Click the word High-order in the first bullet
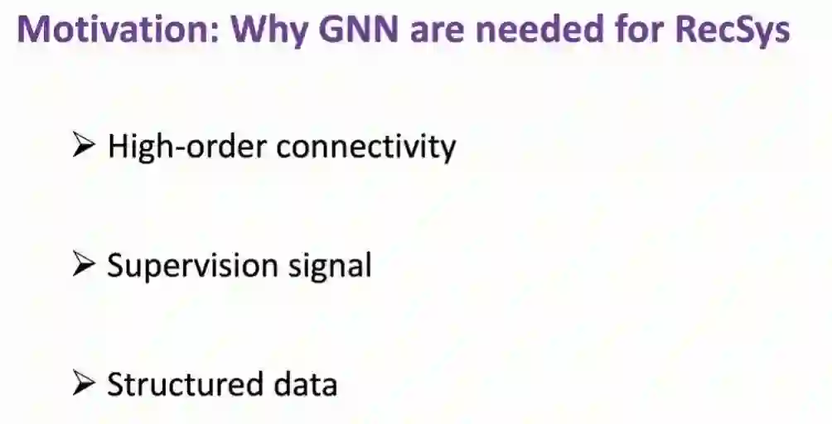[x=188, y=147]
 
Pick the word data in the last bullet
[x=304, y=385]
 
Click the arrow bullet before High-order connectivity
[x=86, y=147]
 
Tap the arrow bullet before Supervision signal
[x=86, y=265]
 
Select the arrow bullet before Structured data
[x=86, y=383]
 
